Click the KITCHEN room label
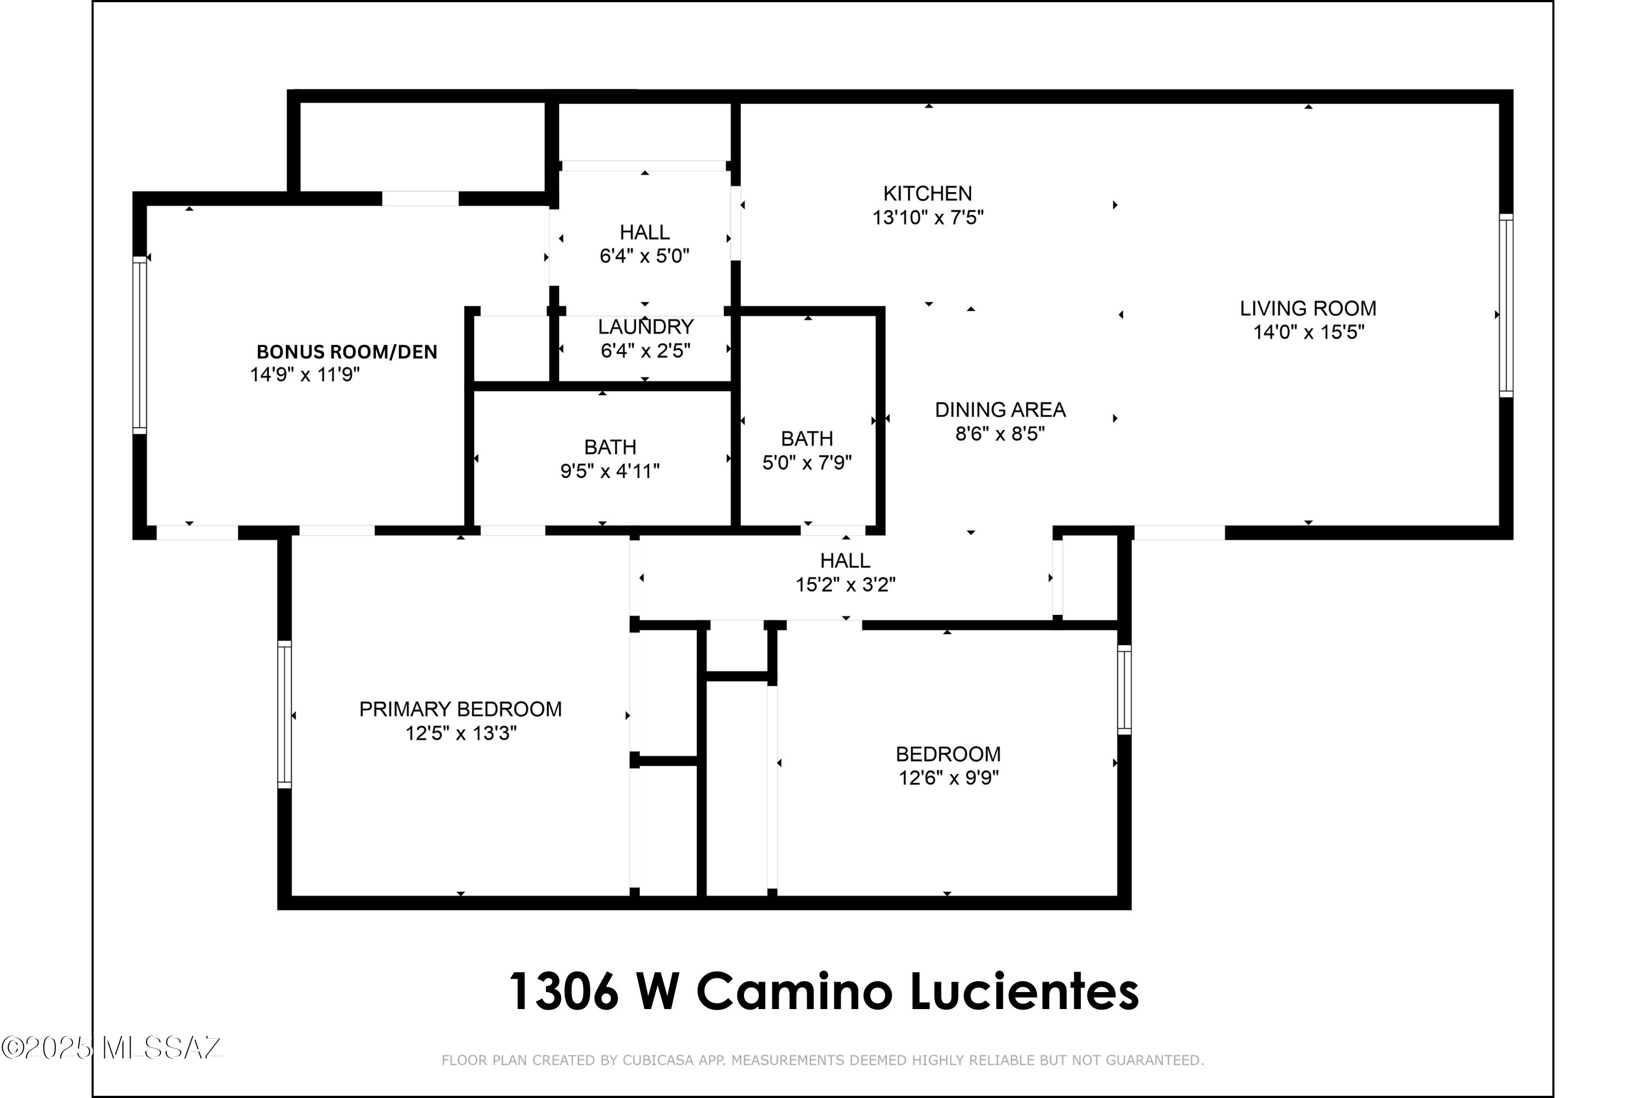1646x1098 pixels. [x=927, y=193]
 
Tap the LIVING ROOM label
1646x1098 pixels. [x=1308, y=308]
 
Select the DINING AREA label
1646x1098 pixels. [x=1000, y=410]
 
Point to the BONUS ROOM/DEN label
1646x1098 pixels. [x=347, y=351]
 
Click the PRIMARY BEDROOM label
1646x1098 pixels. [x=460, y=709]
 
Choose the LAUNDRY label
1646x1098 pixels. [x=645, y=327]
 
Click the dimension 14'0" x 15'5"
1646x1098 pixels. [x=1308, y=332]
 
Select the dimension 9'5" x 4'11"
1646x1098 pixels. [x=610, y=471]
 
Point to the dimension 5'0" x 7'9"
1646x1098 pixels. [x=807, y=463]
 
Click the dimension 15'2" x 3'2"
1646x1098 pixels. [x=845, y=585]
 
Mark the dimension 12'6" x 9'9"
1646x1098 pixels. [x=948, y=778]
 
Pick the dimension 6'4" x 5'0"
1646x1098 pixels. [x=645, y=256]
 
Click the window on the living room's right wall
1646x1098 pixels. [x=1506, y=305]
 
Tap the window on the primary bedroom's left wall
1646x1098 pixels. [x=284, y=714]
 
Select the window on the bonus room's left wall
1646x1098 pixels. [x=140, y=345]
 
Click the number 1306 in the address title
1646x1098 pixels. [x=564, y=991]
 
